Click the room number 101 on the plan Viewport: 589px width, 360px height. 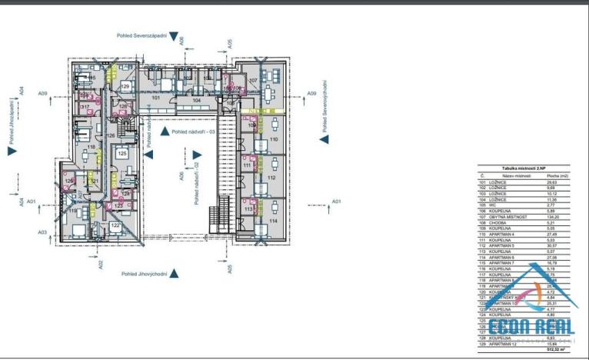pos(155,98)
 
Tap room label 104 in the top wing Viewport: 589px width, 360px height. pos(196,101)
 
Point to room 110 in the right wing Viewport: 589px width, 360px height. pos(273,140)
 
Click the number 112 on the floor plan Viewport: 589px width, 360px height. pos(271,178)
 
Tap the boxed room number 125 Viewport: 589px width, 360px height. pos(121,154)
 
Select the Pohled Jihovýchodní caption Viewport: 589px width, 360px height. pos(144,273)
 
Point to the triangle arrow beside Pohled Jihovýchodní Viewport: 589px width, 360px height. pos(175,273)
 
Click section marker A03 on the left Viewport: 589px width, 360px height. pos(42,232)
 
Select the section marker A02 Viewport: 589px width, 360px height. pos(100,264)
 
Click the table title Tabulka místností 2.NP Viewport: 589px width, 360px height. pos(524,168)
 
